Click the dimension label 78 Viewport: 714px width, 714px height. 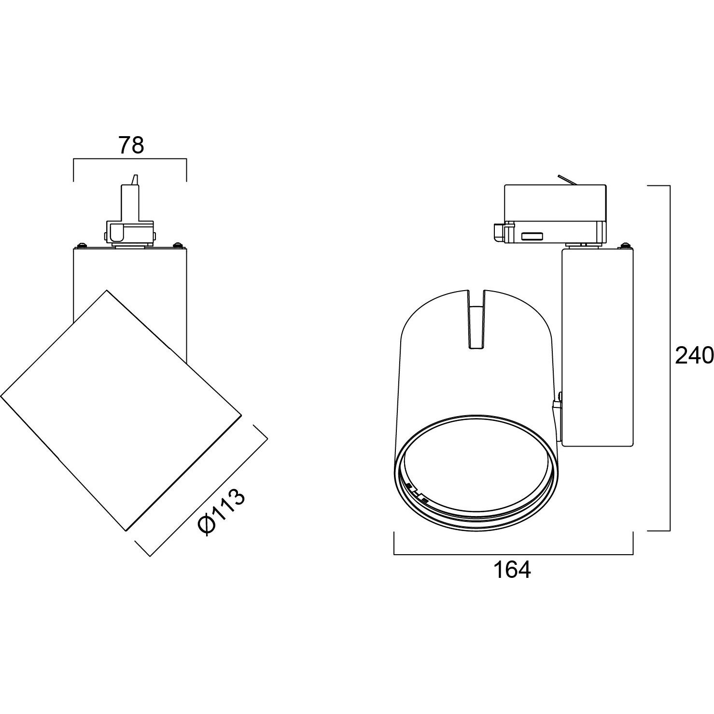coord(131,145)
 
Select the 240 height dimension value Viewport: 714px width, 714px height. coord(694,356)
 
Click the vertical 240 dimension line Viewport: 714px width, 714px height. coord(670,358)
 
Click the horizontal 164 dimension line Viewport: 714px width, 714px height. coord(513,555)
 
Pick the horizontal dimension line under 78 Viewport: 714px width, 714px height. coord(130,159)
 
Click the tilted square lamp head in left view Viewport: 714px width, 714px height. coord(121,410)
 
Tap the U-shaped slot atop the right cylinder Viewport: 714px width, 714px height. coord(477,319)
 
